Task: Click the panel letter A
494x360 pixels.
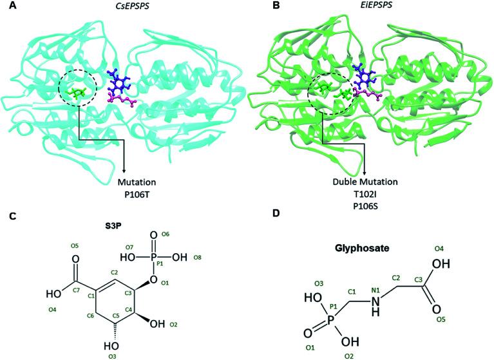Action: [x=6, y=6]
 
